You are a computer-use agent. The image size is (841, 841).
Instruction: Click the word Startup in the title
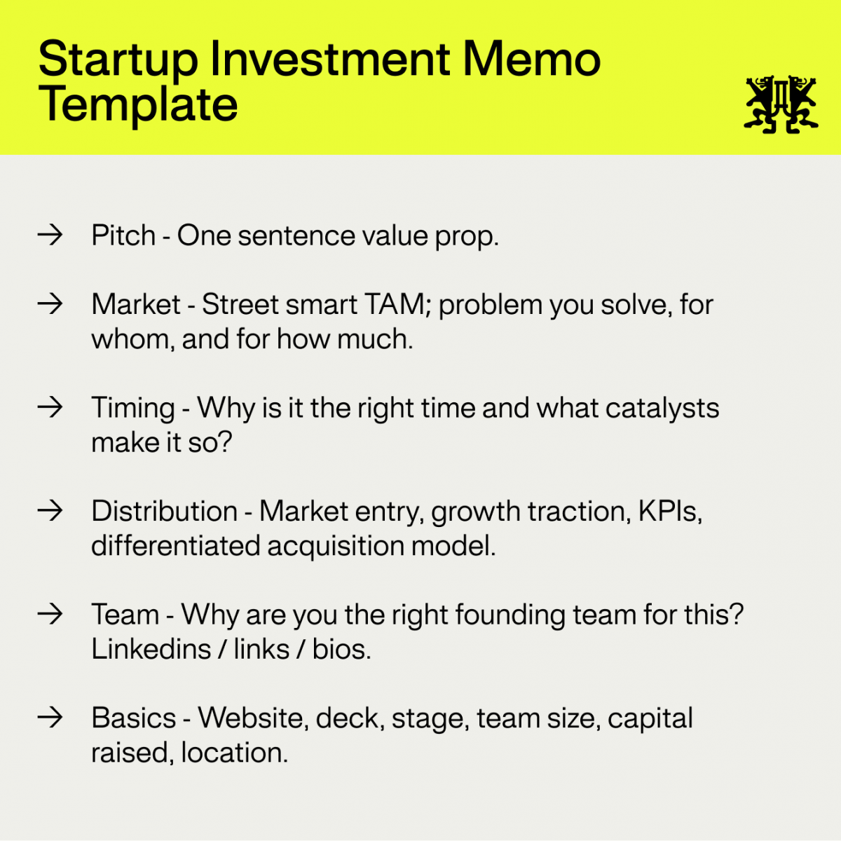click(x=118, y=60)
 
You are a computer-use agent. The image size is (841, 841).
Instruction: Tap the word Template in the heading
click(x=138, y=105)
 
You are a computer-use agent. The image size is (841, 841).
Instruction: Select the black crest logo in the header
click(x=781, y=104)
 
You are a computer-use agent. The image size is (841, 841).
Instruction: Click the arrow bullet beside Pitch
click(x=50, y=235)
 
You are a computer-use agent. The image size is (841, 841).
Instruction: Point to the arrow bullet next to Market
click(x=50, y=304)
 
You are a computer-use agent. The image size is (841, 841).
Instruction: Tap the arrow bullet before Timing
click(x=50, y=407)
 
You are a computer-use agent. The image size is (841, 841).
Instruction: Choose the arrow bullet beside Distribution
click(x=50, y=510)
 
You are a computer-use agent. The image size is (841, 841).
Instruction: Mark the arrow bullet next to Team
click(x=50, y=614)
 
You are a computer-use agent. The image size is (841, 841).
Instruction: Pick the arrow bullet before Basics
click(x=50, y=718)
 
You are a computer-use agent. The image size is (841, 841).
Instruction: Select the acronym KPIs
click(x=669, y=511)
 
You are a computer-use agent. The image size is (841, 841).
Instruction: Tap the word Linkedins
click(x=151, y=649)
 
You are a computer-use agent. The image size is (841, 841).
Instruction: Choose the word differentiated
click(x=175, y=545)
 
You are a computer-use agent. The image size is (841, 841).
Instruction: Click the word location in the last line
click(x=233, y=753)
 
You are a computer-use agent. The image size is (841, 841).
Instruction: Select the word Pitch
click(x=123, y=235)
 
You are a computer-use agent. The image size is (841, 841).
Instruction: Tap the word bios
click(x=341, y=649)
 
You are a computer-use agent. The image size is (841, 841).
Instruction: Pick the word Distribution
click(x=164, y=511)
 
